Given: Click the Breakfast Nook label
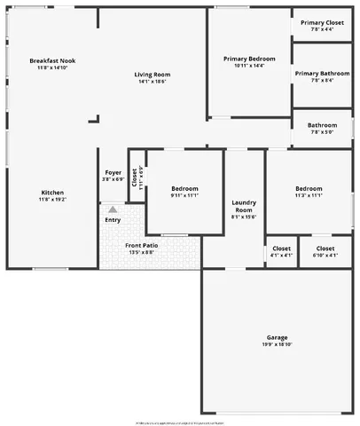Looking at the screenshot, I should coord(52,60).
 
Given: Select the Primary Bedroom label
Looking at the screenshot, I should coord(249,59).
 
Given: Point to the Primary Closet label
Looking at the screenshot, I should coord(322,22).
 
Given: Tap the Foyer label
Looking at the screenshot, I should coord(113,172).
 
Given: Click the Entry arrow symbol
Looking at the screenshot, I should coord(113,209).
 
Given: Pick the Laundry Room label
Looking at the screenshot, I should coord(243,205).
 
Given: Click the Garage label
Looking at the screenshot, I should coord(278,337).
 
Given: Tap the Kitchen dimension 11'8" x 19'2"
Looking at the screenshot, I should coord(52,201).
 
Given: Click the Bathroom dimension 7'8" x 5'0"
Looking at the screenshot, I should coord(322,133).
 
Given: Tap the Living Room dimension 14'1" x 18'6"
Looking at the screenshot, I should coord(152,82).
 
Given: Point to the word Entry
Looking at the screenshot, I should coord(113,219).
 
